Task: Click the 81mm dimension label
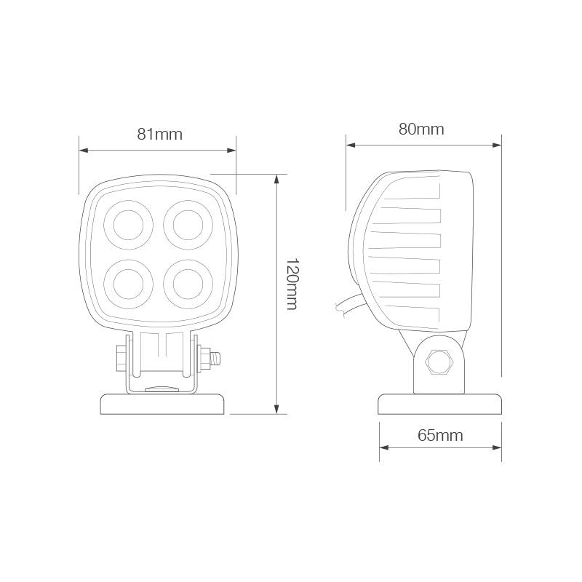159,134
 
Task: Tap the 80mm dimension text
421,129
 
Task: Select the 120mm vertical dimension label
290,284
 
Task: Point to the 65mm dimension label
440,435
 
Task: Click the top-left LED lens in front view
129,224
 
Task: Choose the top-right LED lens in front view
187,224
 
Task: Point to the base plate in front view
162,404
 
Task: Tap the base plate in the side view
440,404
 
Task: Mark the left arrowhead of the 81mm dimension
84,151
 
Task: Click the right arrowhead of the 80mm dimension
498,145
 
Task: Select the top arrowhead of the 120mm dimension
276,179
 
